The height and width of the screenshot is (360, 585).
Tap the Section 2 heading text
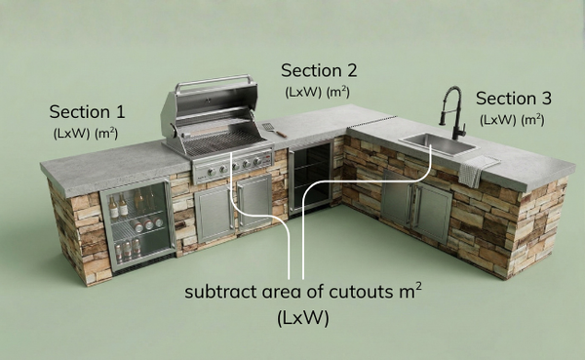(319, 70)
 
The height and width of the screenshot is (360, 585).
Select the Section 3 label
(514, 99)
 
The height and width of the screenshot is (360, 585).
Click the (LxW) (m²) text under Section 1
(87, 132)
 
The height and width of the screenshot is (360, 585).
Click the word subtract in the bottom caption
(221, 293)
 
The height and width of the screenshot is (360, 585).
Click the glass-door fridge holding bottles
(137, 224)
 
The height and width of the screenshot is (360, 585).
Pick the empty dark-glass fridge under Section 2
(310, 177)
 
